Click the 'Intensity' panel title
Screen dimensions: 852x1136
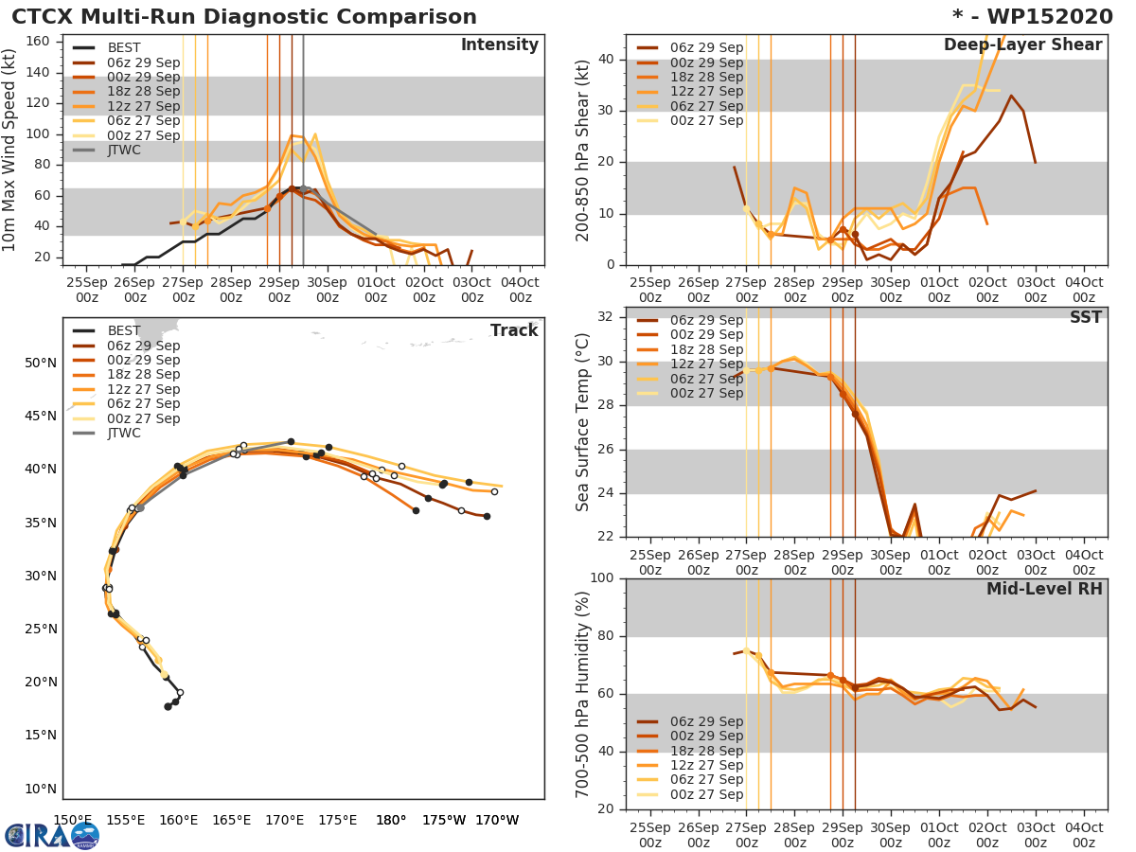point(499,45)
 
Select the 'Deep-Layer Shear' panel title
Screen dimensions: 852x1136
point(1022,45)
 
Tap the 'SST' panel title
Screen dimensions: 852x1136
point(1085,318)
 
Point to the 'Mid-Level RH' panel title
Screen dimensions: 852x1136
point(1044,589)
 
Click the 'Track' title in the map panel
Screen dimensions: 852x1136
point(513,330)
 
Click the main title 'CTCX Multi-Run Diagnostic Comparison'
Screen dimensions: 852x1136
point(244,17)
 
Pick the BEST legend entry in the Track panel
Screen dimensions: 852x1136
point(124,330)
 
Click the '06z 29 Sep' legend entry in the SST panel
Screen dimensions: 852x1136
point(706,320)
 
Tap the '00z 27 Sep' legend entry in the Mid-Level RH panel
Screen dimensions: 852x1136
point(706,794)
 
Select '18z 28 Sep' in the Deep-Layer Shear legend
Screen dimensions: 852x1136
point(706,77)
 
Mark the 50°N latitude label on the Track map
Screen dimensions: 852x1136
point(40,363)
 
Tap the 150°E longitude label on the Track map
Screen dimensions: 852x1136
point(72,820)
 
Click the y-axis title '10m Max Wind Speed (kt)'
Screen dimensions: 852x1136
point(11,151)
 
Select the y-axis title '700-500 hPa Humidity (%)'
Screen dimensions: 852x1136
point(583,693)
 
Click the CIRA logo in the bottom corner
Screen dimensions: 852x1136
point(52,834)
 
